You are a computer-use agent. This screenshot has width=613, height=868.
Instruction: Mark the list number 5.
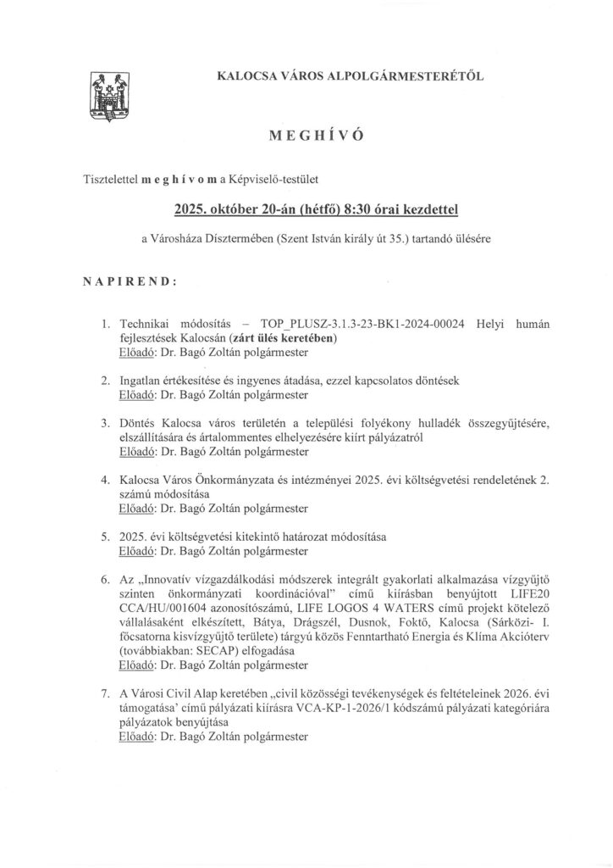tap(105, 537)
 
